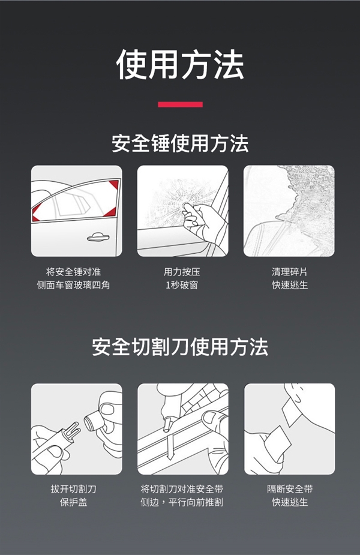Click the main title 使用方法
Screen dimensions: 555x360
(180, 65)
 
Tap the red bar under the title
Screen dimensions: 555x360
(180, 104)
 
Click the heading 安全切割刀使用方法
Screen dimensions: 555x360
(180, 347)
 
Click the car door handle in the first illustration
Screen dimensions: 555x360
(98, 237)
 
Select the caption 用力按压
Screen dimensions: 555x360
(182, 272)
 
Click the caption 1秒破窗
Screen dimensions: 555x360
(182, 285)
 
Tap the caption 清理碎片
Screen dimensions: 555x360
(289, 272)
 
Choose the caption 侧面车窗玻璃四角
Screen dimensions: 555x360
(73, 285)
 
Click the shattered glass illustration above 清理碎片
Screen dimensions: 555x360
(289, 211)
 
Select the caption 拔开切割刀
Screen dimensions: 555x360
(73, 489)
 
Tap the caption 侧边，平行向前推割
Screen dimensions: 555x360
(182, 502)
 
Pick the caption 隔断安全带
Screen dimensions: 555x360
(289, 489)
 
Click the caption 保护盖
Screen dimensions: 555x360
(73, 502)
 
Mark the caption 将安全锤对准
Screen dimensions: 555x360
(73, 272)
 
